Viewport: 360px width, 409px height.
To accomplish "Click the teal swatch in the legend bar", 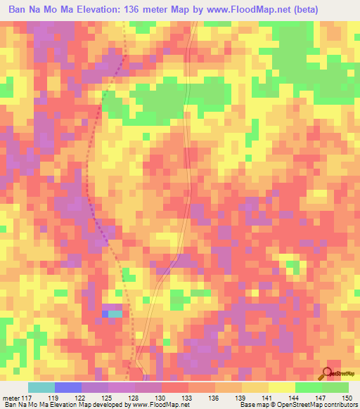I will click(41, 387).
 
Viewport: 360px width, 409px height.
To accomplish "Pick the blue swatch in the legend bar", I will click(68, 387).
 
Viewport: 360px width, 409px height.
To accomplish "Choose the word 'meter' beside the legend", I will click(11, 398).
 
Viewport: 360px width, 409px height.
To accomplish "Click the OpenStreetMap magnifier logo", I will click(328, 373).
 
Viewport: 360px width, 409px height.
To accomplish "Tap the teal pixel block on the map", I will click(115, 313).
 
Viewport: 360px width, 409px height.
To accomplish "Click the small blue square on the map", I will click(105, 313).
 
